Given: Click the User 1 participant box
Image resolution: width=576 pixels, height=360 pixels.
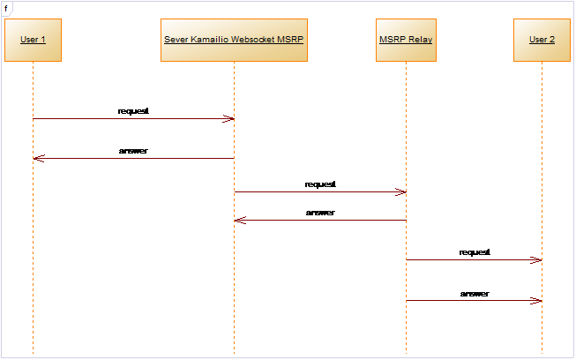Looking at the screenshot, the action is (33, 40).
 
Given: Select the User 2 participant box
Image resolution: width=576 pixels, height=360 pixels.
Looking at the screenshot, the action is (542, 40).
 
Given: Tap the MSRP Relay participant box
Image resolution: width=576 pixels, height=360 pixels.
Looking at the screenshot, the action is (406, 40).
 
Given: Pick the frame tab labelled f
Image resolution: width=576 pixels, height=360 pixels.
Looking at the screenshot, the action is (6, 9).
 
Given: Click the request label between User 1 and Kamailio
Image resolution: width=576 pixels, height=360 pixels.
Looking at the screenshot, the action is (133, 111).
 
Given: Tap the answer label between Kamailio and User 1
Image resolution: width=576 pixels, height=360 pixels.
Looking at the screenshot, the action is (133, 151).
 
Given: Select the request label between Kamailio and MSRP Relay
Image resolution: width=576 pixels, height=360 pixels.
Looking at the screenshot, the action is (320, 184).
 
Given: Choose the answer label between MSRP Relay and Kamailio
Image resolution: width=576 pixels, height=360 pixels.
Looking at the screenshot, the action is (320, 213).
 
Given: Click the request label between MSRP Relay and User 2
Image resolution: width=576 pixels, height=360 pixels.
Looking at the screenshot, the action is (475, 252).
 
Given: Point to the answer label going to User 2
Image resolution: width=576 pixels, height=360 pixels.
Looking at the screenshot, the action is (475, 294).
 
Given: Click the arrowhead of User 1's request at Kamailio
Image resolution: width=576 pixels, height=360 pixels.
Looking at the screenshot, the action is (228, 118).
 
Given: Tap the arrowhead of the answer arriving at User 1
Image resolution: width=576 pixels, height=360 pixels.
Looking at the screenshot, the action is (39, 158).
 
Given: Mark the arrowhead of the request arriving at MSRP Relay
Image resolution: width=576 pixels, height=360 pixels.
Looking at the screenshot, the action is (400, 191).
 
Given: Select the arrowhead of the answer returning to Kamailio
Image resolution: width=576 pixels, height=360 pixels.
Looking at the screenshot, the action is (240, 220).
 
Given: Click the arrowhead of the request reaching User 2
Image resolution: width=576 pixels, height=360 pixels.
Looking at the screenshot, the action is (536, 260).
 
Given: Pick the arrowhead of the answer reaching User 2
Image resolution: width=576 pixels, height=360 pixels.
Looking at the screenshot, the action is (536, 301).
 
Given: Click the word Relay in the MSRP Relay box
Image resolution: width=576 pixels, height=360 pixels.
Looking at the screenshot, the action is (420, 40).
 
